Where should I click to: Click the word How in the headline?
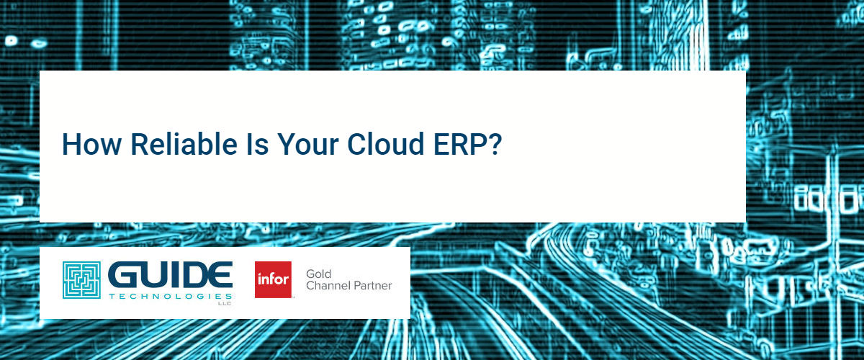92,144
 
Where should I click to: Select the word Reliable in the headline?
184,143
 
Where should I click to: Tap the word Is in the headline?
257,144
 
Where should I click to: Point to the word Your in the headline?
308,144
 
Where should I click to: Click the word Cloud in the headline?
386,143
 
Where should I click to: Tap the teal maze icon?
82,280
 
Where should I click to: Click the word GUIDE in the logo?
170,275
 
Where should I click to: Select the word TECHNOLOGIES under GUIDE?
170,297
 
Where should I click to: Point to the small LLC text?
225,304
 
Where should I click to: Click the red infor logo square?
273,280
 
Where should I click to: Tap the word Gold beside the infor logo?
318,274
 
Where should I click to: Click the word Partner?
373,286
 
